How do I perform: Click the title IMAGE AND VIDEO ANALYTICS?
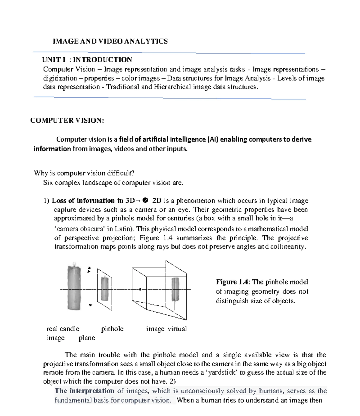(110, 41)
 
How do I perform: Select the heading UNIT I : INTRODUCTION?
(87, 60)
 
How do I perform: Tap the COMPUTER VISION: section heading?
(67, 120)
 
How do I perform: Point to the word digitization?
(60, 78)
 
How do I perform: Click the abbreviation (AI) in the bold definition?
(212, 139)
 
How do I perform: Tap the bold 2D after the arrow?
(157, 201)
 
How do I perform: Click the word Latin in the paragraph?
(123, 229)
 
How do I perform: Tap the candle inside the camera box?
(175, 290)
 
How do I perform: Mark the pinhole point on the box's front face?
(140, 289)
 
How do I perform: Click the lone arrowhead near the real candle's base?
(90, 305)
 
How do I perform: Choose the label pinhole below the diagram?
(112, 329)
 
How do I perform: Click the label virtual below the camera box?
(177, 329)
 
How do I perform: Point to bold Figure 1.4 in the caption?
(232, 282)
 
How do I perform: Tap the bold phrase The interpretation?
(84, 391)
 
